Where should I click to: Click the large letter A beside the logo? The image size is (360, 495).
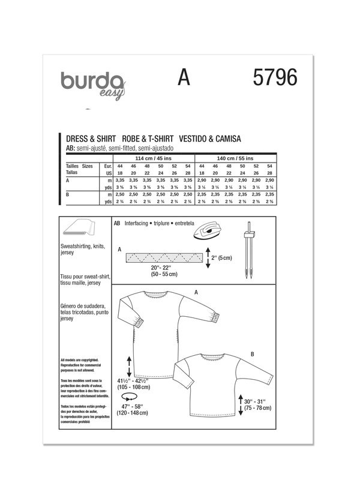[x=184, y=78]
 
